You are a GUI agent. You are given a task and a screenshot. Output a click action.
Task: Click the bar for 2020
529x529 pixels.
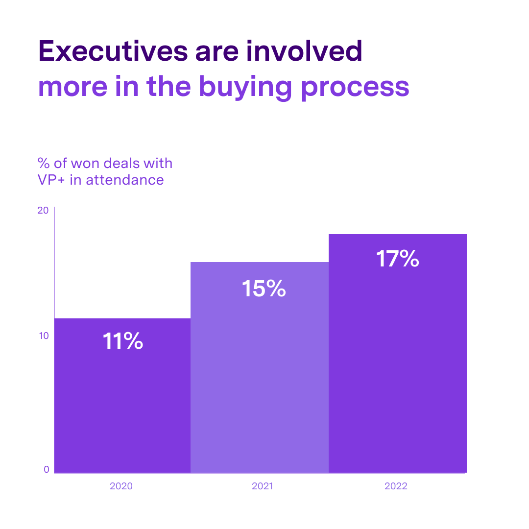pyautogui.click(x=122, y=402)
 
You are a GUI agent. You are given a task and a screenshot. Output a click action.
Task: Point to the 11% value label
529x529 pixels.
pyautogui.click(x=122, y=341)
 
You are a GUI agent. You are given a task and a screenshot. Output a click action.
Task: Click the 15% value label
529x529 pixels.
pyautogui.click(x=264, y=289)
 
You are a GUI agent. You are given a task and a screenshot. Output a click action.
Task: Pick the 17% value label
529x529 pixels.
pyautogui.click(x=397, y=259)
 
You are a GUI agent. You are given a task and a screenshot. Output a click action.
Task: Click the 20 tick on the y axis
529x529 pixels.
pyautogui.click(x=43, y=211)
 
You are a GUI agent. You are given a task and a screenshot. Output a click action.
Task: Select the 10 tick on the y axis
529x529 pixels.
pyautogui.click(x=43, y=336)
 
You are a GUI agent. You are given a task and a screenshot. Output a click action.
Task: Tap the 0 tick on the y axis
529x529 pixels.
pyautogui.click(x=47, y=469)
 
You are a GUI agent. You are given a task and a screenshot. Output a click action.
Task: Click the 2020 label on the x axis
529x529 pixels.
pyautogui.click(x=121, y=487)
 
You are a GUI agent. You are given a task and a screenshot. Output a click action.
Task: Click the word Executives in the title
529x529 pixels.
pyautogui.click(x=113, y=50)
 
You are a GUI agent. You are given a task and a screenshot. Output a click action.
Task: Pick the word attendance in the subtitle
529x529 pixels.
pyautogui.click(x=124, y=180)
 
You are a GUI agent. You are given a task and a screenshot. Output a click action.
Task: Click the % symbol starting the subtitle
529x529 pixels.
pyautogui.click(x=44, y=163)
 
